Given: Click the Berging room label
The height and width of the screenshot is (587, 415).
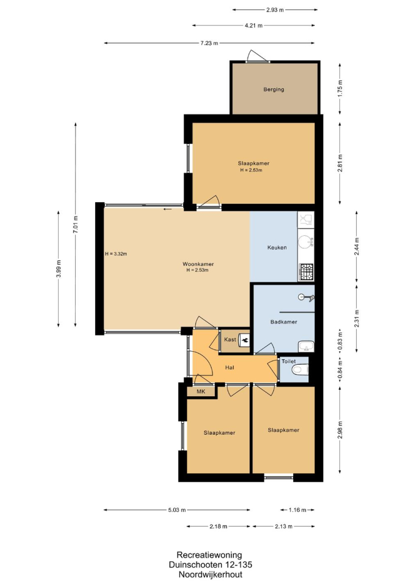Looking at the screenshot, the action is tap(274, 90).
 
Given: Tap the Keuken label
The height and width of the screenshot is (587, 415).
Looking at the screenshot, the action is tap(277, 247).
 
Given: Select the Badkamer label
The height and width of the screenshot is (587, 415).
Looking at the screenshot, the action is tap(283, 322).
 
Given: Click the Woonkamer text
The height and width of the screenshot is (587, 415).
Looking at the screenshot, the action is tap(198, 264).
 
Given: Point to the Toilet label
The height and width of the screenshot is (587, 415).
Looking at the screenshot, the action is tap(288, 361).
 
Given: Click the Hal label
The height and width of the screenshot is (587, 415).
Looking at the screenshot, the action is tap(230, 367).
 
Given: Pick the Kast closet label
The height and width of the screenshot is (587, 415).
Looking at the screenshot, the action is tap(230, 340).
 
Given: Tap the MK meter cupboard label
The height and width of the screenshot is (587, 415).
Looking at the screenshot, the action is tap(201, 391).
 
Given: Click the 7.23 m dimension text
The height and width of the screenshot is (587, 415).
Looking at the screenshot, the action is tap(209, 43).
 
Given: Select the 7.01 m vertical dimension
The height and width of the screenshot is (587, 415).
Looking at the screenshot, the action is tap(76, 224).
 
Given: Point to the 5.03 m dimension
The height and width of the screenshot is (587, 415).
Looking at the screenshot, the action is tap(177, 510).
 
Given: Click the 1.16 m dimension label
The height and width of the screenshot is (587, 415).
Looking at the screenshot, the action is tap(298, 510).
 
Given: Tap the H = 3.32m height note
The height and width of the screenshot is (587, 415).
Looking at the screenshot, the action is tap(116, 254).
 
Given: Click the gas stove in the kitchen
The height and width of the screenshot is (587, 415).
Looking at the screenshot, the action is tap(306, 272).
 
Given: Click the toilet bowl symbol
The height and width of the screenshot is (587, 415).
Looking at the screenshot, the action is tap(300, 370).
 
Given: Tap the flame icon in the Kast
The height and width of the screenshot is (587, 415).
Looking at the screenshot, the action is tap(244, 340).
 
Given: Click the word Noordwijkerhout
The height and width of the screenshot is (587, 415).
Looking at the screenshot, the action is tap(210, 574).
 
